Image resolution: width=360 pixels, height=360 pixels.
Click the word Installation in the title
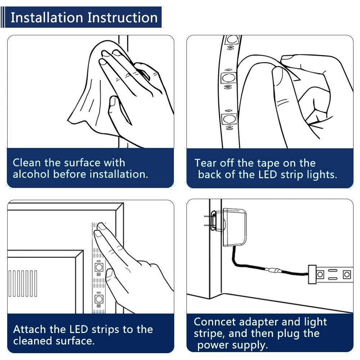click(47, 17)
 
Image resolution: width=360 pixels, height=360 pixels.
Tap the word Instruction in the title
click(123, 17)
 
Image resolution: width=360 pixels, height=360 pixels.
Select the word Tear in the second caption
click(205, 163)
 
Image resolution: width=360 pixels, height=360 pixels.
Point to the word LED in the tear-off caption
click(267, 175)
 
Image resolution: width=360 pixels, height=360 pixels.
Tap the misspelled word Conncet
click(215, 321)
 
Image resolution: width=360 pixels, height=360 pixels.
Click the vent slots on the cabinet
click(22, 284)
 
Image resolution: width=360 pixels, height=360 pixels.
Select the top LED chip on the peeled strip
click(232, 40)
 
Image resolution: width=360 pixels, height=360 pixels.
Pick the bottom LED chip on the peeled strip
click(229, 119)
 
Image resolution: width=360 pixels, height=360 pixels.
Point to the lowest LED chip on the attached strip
click(99, 299)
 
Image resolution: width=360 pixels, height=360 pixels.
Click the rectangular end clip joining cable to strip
click(312, 275)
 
